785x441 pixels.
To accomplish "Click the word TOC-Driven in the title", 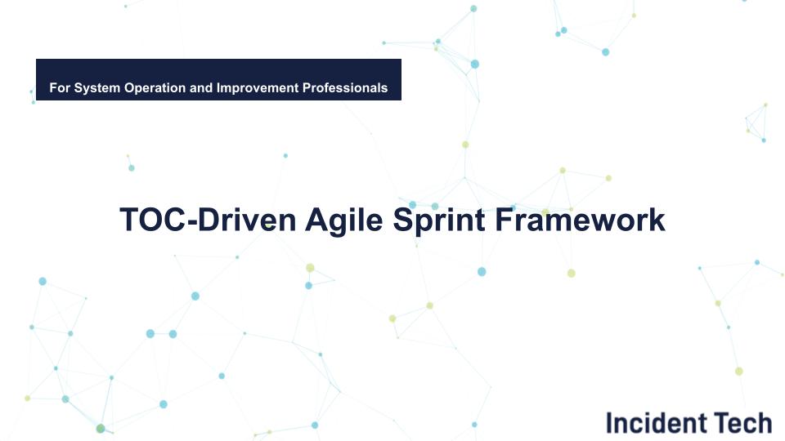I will pos(206,220).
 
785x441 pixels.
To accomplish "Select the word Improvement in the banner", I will pos(256,87).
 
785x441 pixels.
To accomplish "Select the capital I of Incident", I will pos(609,423).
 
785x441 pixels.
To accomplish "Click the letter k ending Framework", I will pos(657,220).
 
